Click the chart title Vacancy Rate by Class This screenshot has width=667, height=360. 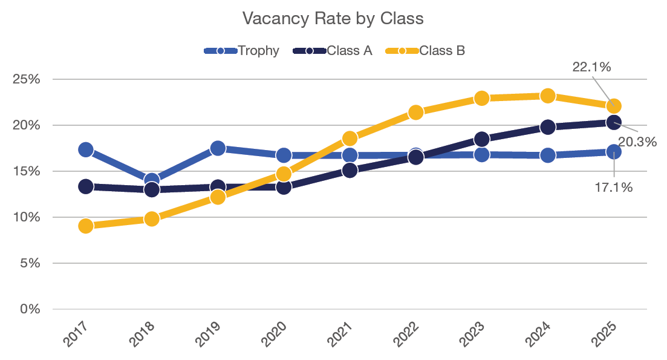click(333, 18)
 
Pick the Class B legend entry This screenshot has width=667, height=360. click(442, 51)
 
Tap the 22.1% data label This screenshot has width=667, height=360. click(591, 67)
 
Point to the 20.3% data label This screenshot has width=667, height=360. click(637, 142)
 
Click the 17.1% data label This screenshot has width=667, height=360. click(614, 188)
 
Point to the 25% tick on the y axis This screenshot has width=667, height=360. click(27, 80)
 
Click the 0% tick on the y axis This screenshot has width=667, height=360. click(30, 309)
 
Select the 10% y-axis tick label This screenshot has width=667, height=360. click(27, 217)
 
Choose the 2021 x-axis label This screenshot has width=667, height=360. click(340, 334)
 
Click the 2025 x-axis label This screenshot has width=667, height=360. click(604, 334)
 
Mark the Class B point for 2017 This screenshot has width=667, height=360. click(86, 226)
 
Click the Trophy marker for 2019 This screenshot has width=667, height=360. click(218, 148)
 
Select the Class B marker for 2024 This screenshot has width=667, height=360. click(548, 96)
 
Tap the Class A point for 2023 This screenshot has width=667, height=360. click(482, 139)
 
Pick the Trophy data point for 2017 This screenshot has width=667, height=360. click(86, 149)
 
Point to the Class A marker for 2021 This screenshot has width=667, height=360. click(350, 170)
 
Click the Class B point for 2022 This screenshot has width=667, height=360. click(415, 112)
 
